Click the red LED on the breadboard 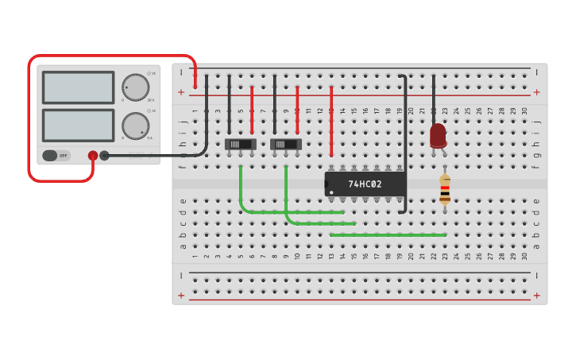(438, 135)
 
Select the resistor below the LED (445, 190)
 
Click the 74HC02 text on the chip (365, 184)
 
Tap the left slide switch (241, 144)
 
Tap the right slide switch (286, 144)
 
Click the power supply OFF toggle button (56, 156)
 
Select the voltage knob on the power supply (135, 87)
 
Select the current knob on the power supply (135, 126)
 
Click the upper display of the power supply (78, 87)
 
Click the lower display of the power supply (78, 126)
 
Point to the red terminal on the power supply (93, 156)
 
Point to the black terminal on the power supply (104, 156)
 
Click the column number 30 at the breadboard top (524, 110)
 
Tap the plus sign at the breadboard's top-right (536, 92)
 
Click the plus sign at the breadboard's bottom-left (181, 296)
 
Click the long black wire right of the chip (406, 143)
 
